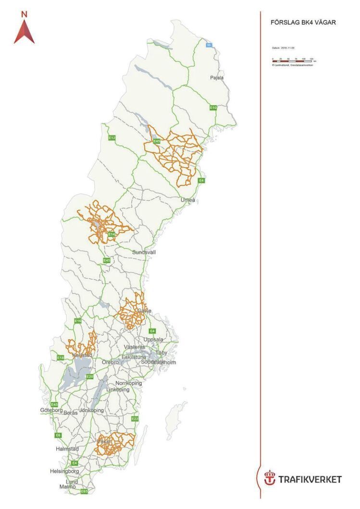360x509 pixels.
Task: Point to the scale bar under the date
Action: (x=293, y=61)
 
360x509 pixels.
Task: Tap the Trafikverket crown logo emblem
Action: (x=270, y=478)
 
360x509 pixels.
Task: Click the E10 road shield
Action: (x=213, y=108)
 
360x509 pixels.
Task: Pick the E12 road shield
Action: (x=112, y=138)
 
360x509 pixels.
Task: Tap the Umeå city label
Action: (x=188, y=199)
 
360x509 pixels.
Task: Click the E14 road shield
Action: (x=111, y=234)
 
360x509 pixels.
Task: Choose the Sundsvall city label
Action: (x=144, y=252)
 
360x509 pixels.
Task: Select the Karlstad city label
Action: (x=82, y=355)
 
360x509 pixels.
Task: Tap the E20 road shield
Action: (x=89, y=377)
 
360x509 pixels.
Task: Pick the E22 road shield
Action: (x=135, y=419)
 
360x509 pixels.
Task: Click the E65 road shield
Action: (x=84, y=491)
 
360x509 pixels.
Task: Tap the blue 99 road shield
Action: (x=209, y=45)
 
